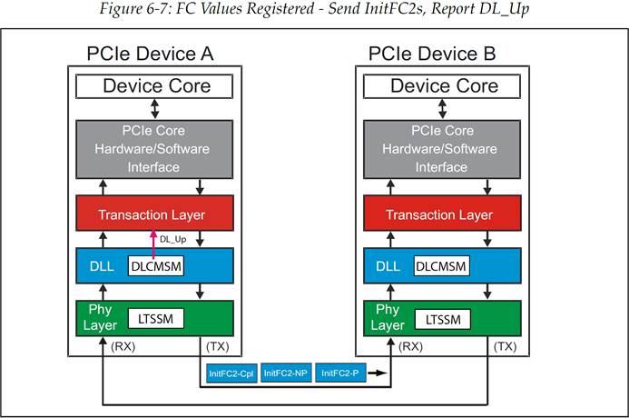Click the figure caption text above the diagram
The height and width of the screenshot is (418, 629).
coord(314,10)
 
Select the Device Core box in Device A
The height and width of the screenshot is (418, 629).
coord(156,87)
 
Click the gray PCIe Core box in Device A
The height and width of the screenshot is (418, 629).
coord(156,151)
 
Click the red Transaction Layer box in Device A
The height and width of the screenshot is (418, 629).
coord(156,215)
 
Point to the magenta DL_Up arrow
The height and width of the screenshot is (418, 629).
coord(153,244)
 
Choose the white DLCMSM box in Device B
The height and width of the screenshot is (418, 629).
coord(445,267)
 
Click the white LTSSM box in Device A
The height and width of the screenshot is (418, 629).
coord(155,318)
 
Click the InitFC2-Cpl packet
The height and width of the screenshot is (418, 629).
coord(230,373)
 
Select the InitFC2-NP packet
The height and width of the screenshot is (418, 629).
coord(286,373)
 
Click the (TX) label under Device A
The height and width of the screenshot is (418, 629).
coord(219,346)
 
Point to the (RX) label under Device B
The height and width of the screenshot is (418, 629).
coord(411,346)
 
